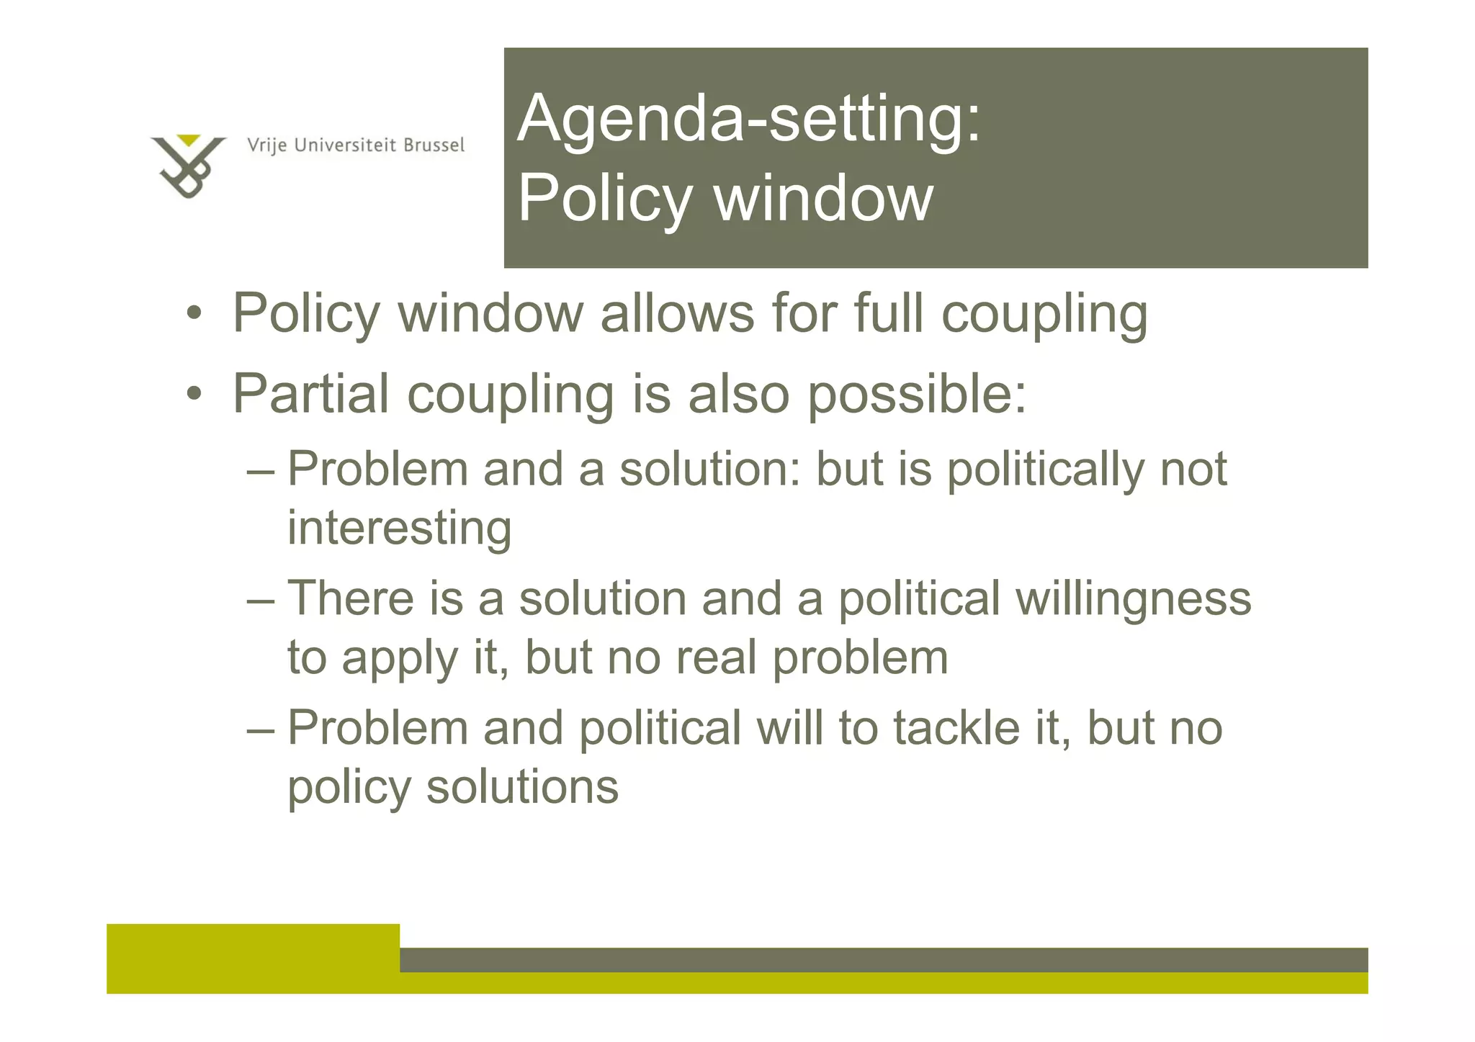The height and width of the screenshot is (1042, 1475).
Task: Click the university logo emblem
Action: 187,166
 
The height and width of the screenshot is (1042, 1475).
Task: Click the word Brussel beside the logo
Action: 434,145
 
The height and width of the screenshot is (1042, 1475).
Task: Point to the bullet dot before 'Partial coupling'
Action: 193,394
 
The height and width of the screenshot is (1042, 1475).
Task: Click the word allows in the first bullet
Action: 677,314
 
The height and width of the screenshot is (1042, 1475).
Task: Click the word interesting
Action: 400,528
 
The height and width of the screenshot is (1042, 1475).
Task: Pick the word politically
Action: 1044,470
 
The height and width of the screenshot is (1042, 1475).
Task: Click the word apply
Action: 399,659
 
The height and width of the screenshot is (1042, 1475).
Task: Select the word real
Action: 717,657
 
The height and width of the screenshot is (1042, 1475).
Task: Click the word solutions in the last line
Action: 522,786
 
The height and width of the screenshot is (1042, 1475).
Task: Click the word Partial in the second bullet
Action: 311,394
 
